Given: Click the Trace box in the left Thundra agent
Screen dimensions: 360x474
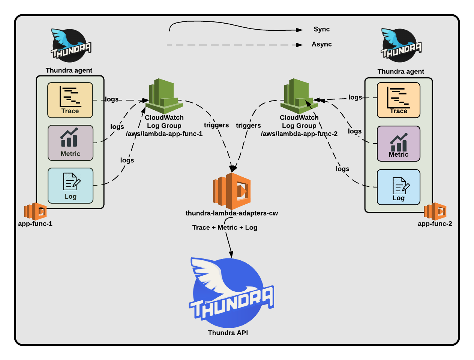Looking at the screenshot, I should tap(70, 100).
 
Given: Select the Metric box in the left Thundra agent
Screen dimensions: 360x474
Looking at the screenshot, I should tap(70, 143).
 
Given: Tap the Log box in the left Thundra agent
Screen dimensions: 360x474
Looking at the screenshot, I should tap(70, 186).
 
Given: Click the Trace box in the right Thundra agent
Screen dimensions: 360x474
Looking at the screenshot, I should tap(398, 100).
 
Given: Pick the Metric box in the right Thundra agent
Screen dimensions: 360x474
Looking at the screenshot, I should tap(398, 144).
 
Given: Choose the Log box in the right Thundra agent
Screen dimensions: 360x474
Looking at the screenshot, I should tap(398, 187).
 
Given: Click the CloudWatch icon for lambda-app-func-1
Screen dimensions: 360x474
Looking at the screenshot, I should tap(164, 96).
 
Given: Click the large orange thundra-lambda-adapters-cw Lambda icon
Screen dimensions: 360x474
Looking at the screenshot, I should tap(232, 191).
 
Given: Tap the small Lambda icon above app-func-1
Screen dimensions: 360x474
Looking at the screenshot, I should tap(35, 211).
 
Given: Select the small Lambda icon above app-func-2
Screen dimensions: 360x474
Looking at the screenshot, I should tap(435, 211).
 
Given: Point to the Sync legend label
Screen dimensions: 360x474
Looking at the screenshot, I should tap(321, 29).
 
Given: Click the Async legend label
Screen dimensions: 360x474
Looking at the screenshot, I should tap(321, 44).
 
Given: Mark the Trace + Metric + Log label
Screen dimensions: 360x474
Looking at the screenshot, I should tap(225, 228).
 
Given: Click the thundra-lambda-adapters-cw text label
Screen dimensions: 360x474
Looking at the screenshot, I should tap(231, 213).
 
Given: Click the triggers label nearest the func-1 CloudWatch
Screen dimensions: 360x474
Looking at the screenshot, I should tap(216, 125).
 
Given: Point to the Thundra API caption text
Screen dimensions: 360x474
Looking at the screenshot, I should tap(228, 333).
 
